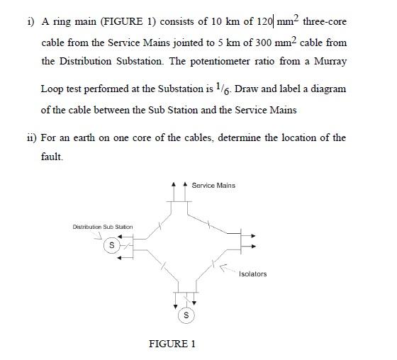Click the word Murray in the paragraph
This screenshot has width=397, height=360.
tap(330, 62)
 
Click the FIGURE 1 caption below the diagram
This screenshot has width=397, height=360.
tap(172, 344)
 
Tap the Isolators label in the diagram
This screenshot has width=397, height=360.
tap(253, 274)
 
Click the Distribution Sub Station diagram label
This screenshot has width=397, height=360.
tap(103, 227)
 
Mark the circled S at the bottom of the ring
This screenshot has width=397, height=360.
tap(186, 314)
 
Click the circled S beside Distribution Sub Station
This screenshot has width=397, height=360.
tap(111, 245)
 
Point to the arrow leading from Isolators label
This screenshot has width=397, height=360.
tap(227, 269)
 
